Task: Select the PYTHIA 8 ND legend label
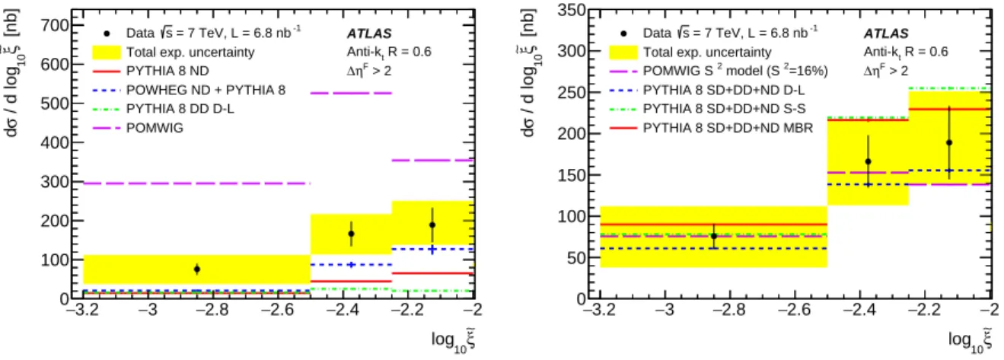pyautogui.click(x=167, y=72)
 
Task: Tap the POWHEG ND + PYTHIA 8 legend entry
pyautogui.click(x=206, y=90)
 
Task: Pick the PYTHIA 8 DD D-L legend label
pyautogui.click(x=180, y=109)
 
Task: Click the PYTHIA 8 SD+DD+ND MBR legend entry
pyautogui.click(x=728, y=128)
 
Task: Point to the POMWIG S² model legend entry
pyautogui.click(x=735, y=70)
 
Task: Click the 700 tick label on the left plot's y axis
pyautogui.click(x=55, y=25)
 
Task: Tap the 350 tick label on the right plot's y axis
pyautogui.click(x=572, y=11)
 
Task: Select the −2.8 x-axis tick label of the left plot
pyautogui.click(x=212, y=310)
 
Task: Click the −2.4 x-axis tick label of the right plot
pyautogui.click(x=859, y=310)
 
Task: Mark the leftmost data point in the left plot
pyautogui.click(x=197, y=269)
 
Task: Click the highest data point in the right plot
pyautogui.click(x=949, y=143)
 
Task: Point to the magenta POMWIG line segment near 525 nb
pyautogui.click(x=352, y=94)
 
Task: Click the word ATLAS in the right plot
pyautogui.click(x=886, y=33)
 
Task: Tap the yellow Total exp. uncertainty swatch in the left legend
pyautogui.click(x=107, y=53)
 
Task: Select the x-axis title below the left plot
pyautogui.click(x=453, y=341)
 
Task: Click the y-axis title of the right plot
pyautogui.click(x=528, y=72)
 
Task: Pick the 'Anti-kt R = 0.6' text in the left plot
pyautogui.click(x=389, y=53)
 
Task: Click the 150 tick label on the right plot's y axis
pyautogui.click(x=572, y=175)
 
